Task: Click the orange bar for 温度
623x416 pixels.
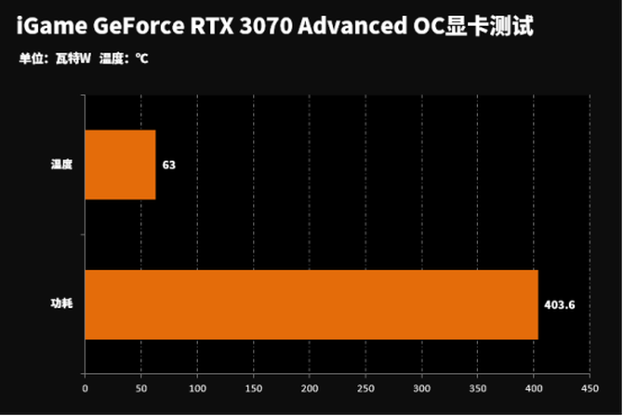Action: (x=120, y=165)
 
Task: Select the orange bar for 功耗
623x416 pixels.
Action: (x=311, y=304)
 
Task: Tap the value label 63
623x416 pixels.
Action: (x=169, y=166)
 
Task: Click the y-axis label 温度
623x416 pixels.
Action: (x=61, y=165)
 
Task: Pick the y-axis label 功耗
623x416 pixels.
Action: (x=61, y=304)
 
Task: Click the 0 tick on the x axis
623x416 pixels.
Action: (x=85, y=388)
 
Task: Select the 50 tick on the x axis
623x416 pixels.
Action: (x=140, y=388)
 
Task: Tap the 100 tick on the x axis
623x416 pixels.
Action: (x=197, y=388)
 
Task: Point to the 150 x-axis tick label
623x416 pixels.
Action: (x=253, y=388)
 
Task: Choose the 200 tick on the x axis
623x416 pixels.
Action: (x=310, y=388)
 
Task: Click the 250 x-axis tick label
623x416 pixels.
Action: (x=365, y=388)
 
